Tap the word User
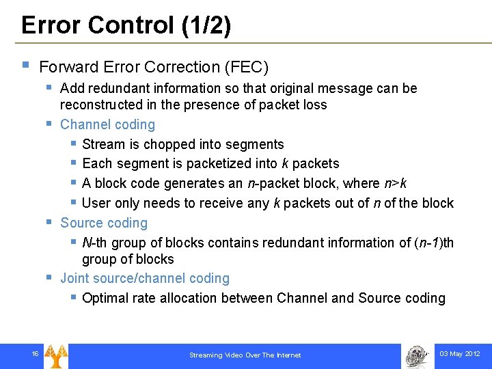(96, 203)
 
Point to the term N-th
(95, 243)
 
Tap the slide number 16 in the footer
(34, 353)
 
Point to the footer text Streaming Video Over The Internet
(245, 355)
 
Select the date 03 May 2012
(459, 354)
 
